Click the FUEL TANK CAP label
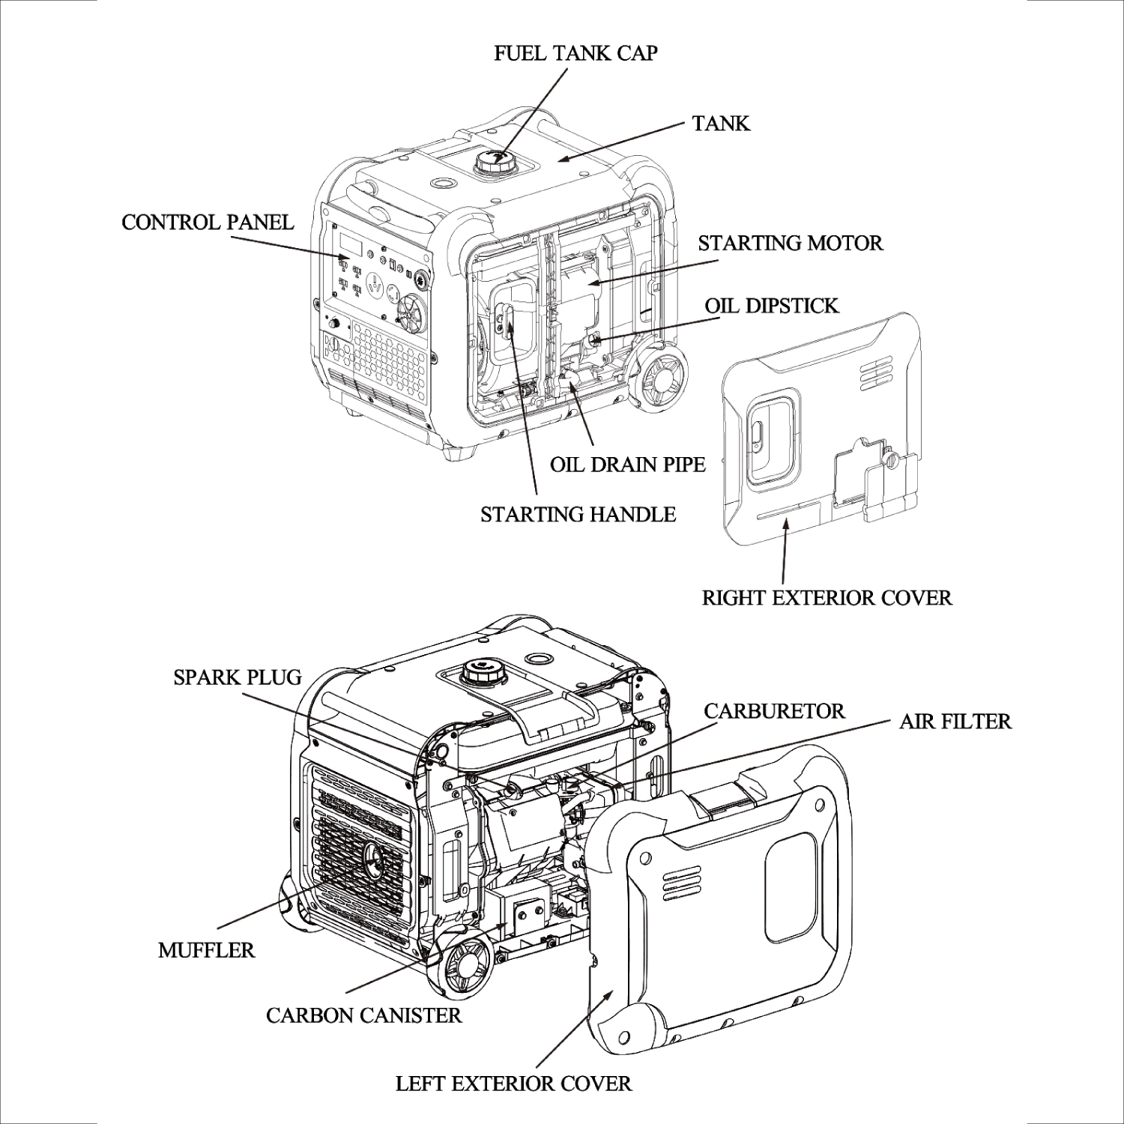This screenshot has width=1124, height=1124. pyautogui.click(x=575, y=53)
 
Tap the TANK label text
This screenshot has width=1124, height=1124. pyautogui.click(x=720, y=123)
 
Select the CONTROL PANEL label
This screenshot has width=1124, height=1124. pyautogui.click(x=208, y=222)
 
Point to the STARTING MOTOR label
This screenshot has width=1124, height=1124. pyautogui.click(x=790, y=243)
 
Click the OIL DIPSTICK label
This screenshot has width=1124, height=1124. pyautogui.click(x=771, y=305)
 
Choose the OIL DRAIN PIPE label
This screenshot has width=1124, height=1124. pyautogui.click(x=627, y=464)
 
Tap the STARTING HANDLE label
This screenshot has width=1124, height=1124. pyautogui.click(x=578, y=514)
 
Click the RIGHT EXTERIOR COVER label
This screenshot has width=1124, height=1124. pyautogui.click(x=827, y=597)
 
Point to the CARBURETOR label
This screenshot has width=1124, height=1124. pyautogui.click(x=774, y=710)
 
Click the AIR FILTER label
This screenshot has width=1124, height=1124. pyautogui.click(x=955, y=721)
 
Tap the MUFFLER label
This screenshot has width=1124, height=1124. pyautogui.click(x=206, y=950)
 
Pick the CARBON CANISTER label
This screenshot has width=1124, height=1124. pyautogui.click(x=363, y=1015)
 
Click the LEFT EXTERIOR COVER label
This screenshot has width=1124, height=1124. pyautogui.click(x=513, y=1083)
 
